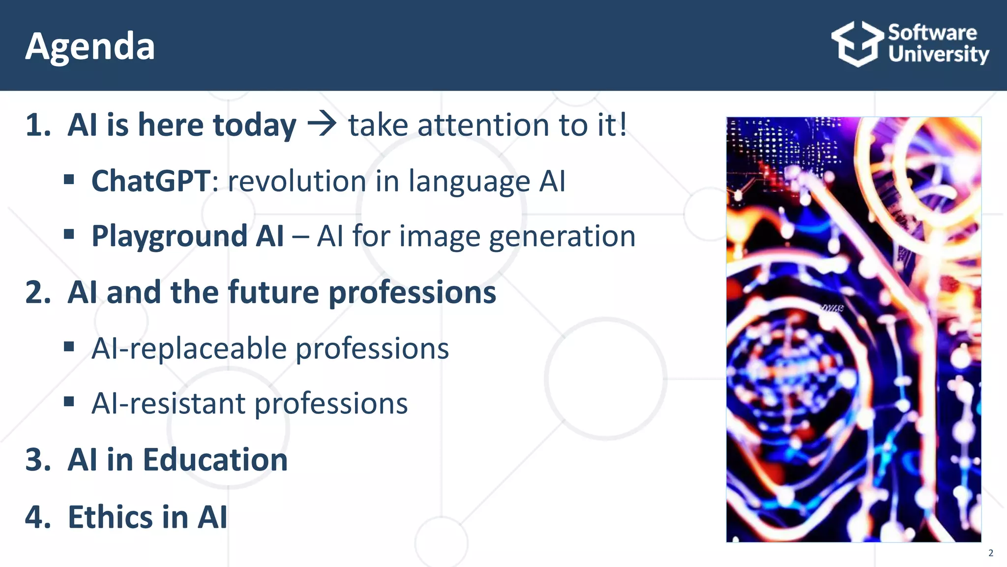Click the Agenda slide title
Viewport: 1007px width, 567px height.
[x=90, y=47]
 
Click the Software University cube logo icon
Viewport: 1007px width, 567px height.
[x=857, y=44]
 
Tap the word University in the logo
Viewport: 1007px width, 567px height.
[x=938, y=54]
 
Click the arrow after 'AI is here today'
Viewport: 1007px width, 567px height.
[x=322, y=124]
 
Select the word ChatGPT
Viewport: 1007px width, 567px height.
[x=151, y=181]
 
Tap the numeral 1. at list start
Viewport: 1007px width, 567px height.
[x=38, y=125]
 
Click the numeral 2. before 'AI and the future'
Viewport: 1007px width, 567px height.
[x=38, y=292]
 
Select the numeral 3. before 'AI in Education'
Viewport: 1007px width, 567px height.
[x=38, y=460]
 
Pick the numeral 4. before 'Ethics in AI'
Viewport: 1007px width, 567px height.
[x=38, y=517]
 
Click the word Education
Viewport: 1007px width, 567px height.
[x=215, y=460]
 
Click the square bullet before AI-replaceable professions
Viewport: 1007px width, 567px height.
[x=69, y=347]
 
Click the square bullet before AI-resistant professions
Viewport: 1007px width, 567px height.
[x=69, y=402]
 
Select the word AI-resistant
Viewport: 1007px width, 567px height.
[x=168, y=404]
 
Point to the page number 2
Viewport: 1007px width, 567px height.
[x=991, y=553]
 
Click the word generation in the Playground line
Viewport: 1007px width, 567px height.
[x=562, y=237]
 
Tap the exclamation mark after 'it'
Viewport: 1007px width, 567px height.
[x=622, y=124]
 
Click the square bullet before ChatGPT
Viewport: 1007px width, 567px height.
[x=69, y=180]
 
